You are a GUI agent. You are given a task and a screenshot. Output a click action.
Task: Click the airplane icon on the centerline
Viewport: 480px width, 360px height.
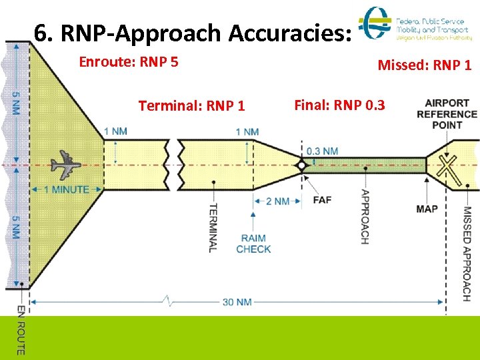point(65,165)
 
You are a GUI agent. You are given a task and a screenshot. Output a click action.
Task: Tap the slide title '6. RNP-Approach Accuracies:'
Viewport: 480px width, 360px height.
point(192,32)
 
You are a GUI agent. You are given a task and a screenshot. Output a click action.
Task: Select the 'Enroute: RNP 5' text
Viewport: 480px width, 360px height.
point(129,62)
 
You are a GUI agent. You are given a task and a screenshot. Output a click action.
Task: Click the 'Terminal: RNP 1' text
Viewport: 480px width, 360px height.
point(191,105)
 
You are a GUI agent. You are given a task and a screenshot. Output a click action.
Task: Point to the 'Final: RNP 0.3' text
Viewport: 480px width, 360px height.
point(339,105)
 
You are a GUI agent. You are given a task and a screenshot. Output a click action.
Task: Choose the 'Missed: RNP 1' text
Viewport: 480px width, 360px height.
point(425,65)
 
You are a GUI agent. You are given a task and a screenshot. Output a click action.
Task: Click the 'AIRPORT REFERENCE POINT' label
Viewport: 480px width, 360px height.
point(447,113)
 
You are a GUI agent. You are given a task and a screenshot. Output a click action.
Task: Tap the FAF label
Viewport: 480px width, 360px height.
point(321,199)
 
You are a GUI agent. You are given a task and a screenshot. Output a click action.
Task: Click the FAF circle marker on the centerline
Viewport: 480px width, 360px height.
point(301,165)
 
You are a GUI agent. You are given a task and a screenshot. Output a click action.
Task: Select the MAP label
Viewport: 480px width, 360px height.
point(427,209)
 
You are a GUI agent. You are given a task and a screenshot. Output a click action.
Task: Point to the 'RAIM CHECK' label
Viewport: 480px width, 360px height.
point(253,243)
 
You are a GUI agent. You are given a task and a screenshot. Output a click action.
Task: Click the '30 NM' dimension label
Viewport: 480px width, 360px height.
point(237,302)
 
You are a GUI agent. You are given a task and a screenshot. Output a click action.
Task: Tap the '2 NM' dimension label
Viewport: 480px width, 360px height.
point(277,201)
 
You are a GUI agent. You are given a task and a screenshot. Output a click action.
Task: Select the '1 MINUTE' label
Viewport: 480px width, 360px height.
point(66,189)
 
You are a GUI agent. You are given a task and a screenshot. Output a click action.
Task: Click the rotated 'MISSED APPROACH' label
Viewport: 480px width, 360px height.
point(467,253)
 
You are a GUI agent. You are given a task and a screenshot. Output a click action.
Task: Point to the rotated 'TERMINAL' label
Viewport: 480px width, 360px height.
point(213,227)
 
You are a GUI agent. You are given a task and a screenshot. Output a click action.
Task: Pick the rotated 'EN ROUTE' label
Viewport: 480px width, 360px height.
point(21,330)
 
